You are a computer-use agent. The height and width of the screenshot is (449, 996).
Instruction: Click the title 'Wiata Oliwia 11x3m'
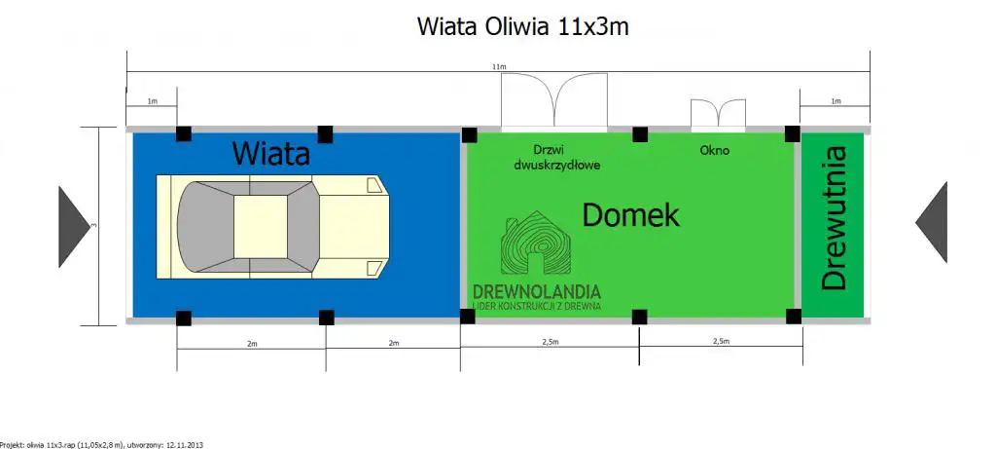coord(522,26)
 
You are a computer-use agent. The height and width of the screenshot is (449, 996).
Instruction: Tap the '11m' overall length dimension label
coord(499,66)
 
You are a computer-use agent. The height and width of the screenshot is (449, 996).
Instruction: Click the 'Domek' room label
coord(630,215)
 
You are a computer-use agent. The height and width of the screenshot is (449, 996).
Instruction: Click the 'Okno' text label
coord(714,151)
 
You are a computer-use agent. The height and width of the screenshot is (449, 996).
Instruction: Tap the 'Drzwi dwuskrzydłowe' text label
coord(556,158)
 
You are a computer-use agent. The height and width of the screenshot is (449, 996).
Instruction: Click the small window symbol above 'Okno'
coord(719,114)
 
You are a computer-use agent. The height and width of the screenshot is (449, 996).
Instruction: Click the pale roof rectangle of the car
coord(261,227)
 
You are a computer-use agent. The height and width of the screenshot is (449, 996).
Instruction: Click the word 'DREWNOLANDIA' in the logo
coord(536,291)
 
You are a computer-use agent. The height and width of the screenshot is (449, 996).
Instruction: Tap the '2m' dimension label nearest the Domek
coord(394,343)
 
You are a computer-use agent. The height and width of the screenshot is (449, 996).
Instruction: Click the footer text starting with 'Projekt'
coord(101,443)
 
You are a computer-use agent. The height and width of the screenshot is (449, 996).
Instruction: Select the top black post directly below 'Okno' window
coord(640,133)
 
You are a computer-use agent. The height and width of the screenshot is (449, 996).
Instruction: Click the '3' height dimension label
coord(92,226)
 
